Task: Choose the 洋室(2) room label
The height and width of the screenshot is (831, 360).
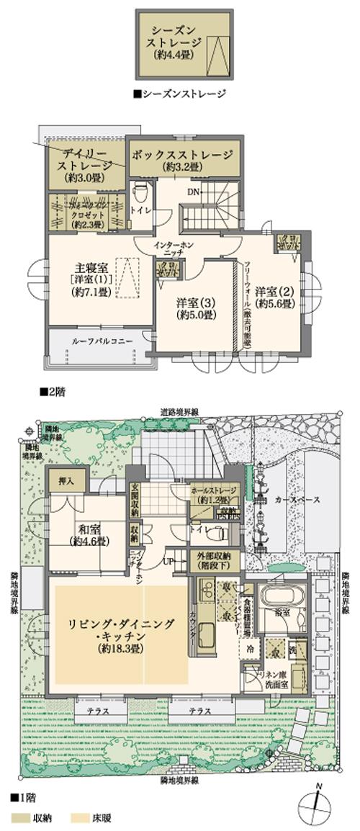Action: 276,296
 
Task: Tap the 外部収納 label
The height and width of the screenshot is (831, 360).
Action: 211,560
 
